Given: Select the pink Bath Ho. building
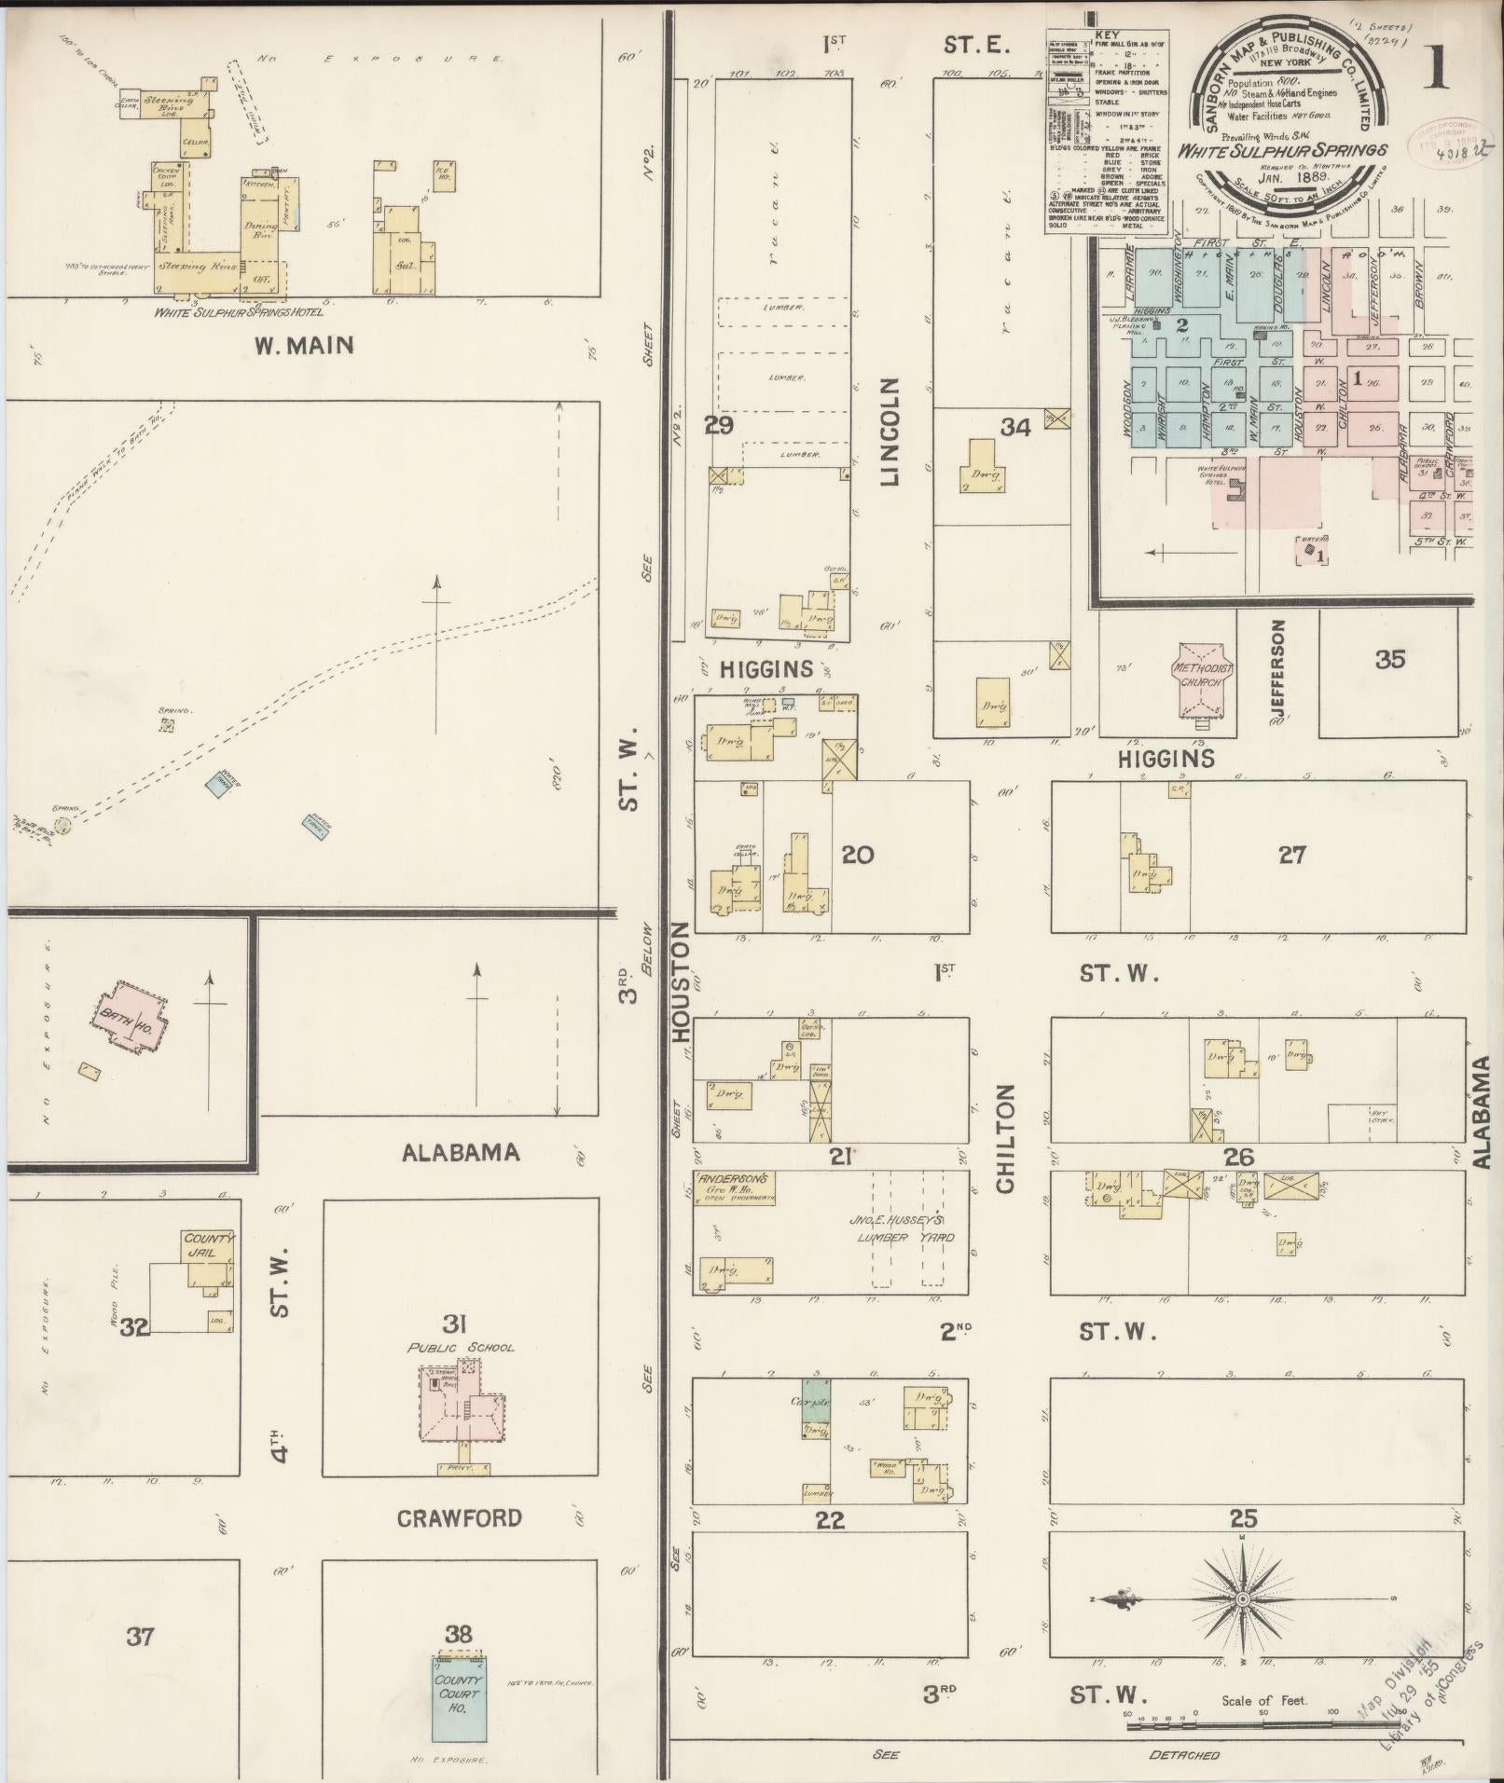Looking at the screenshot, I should coord(131,1015).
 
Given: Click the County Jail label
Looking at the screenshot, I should coord(207,1246).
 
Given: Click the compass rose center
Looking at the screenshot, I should coord(1242,1599).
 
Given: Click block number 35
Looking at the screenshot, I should coord(1389,659).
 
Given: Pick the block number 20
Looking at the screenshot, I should coord(858,854).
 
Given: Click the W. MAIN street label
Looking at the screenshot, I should coord(291,346).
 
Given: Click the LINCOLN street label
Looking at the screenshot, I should coord(890,432).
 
